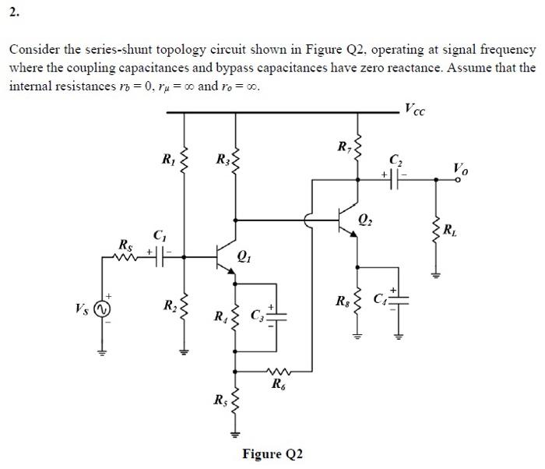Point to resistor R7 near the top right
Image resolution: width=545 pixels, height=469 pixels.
(x=357, y=147)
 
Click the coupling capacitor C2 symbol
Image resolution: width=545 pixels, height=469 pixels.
(x=396, y=178)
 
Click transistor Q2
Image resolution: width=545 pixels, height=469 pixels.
(x=348, y=223)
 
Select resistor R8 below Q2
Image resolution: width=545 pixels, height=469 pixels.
(x=357, y=301)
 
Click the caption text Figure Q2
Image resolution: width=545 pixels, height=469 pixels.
(x=272, y=454)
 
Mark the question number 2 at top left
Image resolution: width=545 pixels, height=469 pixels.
(x=14, y=12)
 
